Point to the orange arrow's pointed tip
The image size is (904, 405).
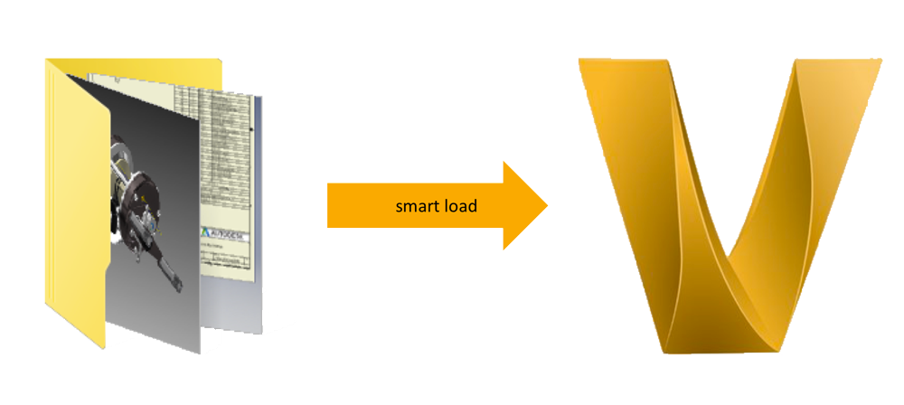coord(547,206)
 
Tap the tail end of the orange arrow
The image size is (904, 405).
coord(329,206)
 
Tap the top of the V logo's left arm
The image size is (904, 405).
coord(624,68)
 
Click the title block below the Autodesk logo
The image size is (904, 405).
coord(226,262)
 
